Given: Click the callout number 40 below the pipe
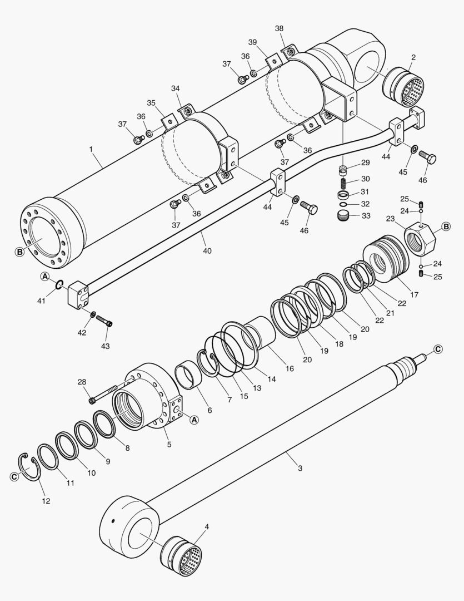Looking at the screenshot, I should (x=207, y=251).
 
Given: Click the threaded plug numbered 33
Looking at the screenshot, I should (x=346, y=215).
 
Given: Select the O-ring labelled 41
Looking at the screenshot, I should (x=58, y=286).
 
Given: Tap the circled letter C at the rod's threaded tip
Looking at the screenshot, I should (x=438, y=349).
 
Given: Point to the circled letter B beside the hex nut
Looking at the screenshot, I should (x=446, y=226).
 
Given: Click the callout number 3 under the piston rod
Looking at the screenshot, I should (x=300, y=468).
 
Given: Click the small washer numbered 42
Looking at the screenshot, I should (x=93, y=314).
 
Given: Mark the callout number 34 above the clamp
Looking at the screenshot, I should (x=176, y=88).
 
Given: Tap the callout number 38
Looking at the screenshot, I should (x=279, y=28).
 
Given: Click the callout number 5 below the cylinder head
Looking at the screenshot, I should (x=169, y=444).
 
